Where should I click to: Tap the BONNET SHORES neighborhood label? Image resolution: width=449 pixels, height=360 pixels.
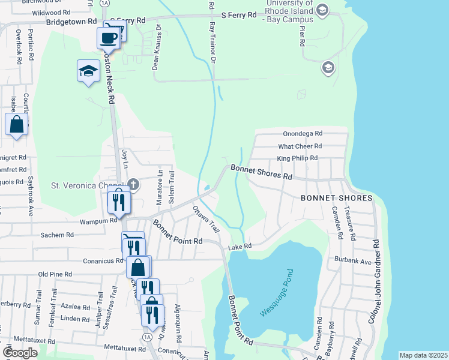(336, 198)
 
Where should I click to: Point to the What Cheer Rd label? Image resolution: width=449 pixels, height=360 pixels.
(300, 146)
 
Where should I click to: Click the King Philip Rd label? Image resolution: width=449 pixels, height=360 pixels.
(297, 158)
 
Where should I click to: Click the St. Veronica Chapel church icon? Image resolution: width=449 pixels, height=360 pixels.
(133, 184)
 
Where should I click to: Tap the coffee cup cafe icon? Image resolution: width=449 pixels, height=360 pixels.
(108, 38)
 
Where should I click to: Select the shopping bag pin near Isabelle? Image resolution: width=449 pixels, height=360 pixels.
(16, 125)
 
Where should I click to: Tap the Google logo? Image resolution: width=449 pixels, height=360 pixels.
(20, 353)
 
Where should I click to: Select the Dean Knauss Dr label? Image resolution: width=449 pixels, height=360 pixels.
(157, 47)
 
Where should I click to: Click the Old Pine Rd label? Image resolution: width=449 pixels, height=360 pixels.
(55, 274)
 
